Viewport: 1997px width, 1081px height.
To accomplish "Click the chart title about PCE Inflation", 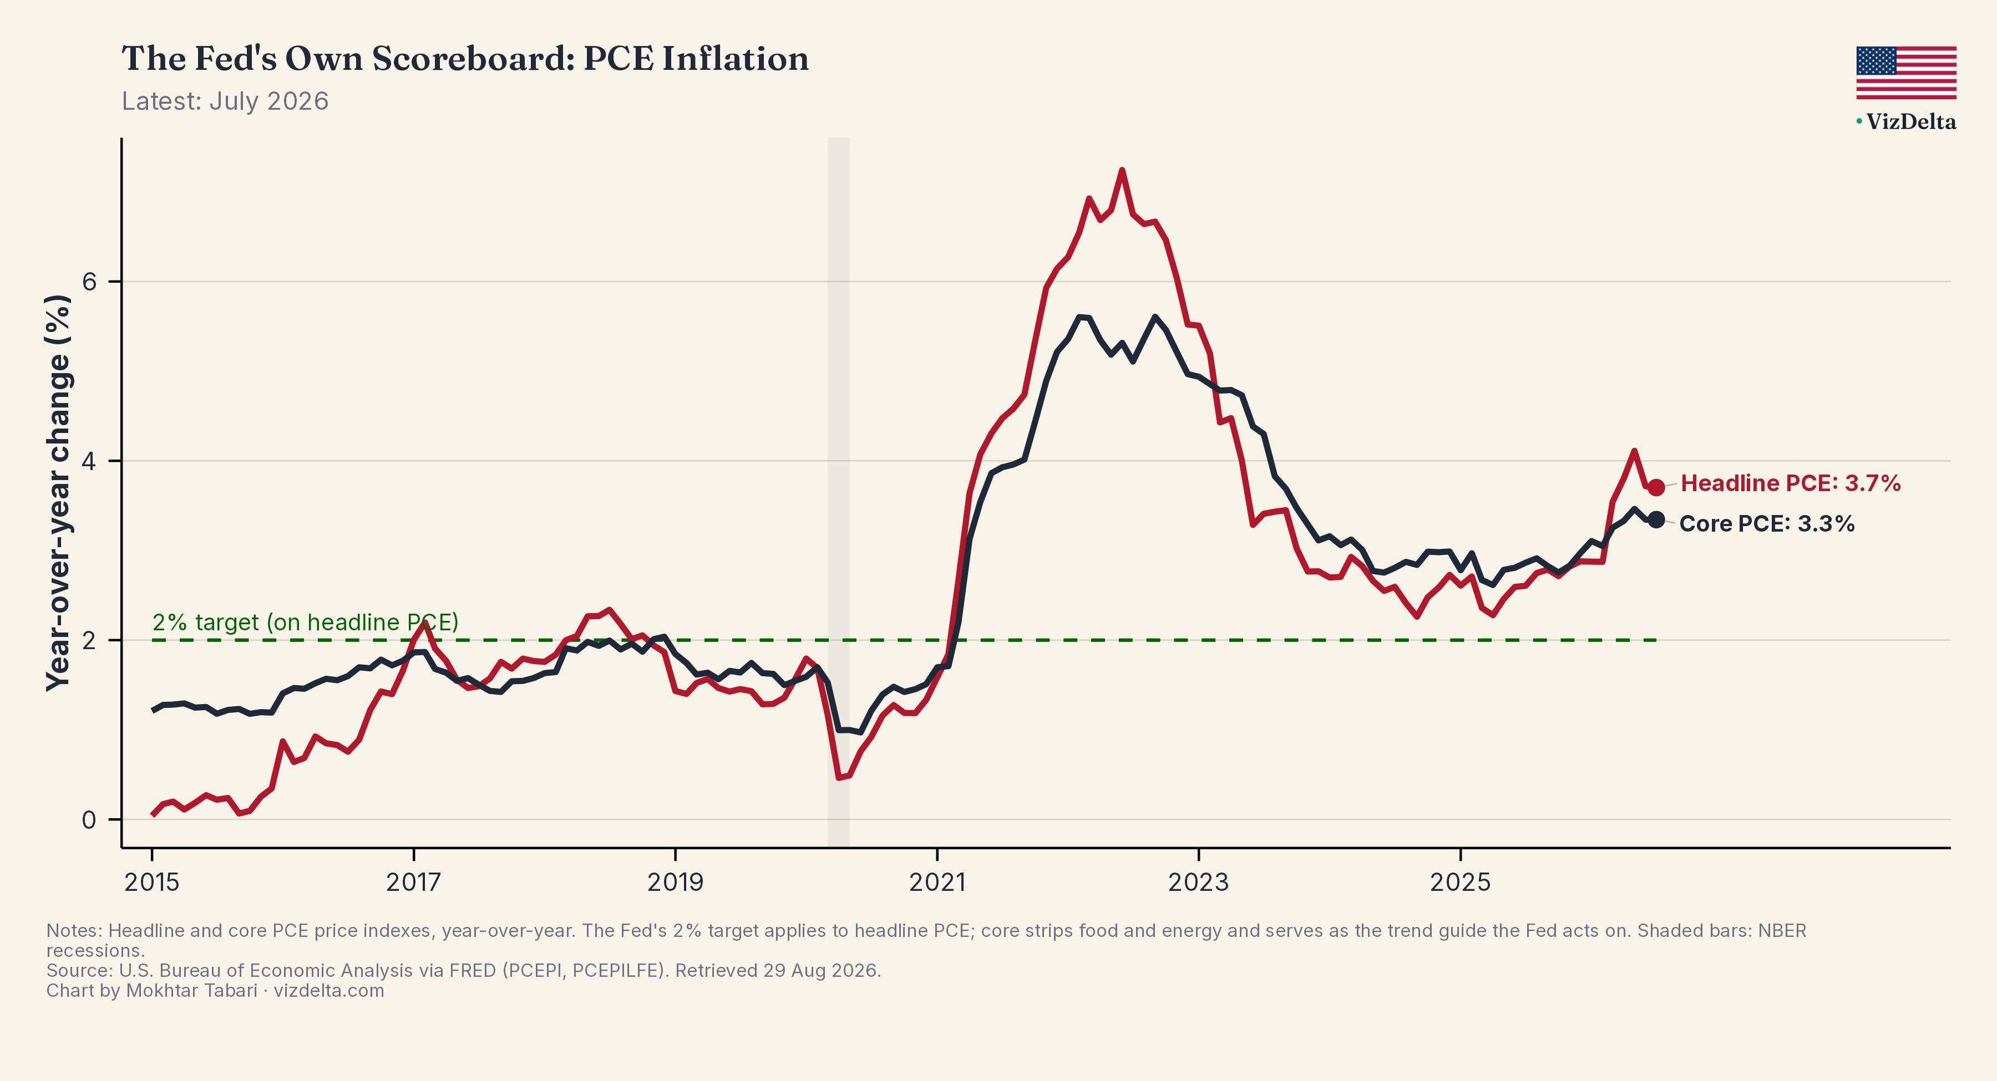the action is pos(465,59).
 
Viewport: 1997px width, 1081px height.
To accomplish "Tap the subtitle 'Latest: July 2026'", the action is pos(225,101).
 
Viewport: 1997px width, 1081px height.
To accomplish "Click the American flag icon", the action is pos(1906,73).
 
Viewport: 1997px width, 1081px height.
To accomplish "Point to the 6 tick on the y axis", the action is pos(90,281).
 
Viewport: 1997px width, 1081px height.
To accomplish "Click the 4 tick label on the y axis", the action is pos(89,461).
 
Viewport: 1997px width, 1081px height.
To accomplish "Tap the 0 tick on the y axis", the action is pos(89,820).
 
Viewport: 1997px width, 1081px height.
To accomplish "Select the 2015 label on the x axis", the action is pos(152,882).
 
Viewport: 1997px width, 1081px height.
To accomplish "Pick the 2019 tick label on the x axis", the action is pos(675,882).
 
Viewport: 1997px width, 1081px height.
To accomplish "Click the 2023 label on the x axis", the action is pos(1199,882).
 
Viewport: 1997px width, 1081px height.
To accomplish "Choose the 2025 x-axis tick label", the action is pos(1461,882).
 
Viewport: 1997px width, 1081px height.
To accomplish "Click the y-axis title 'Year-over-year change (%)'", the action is pos(59,493).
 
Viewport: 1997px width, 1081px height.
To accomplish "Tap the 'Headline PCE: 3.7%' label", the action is pos(1791,483).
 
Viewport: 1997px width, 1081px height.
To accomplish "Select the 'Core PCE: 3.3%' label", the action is pos(1767,524).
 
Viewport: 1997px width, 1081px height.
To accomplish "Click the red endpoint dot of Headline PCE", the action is pos(1656,487).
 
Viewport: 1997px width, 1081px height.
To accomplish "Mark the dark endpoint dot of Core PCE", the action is pos(1656,520).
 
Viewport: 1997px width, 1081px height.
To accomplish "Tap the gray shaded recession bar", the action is pos(839,493).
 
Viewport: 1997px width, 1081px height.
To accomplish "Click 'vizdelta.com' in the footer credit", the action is pos(329,991).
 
